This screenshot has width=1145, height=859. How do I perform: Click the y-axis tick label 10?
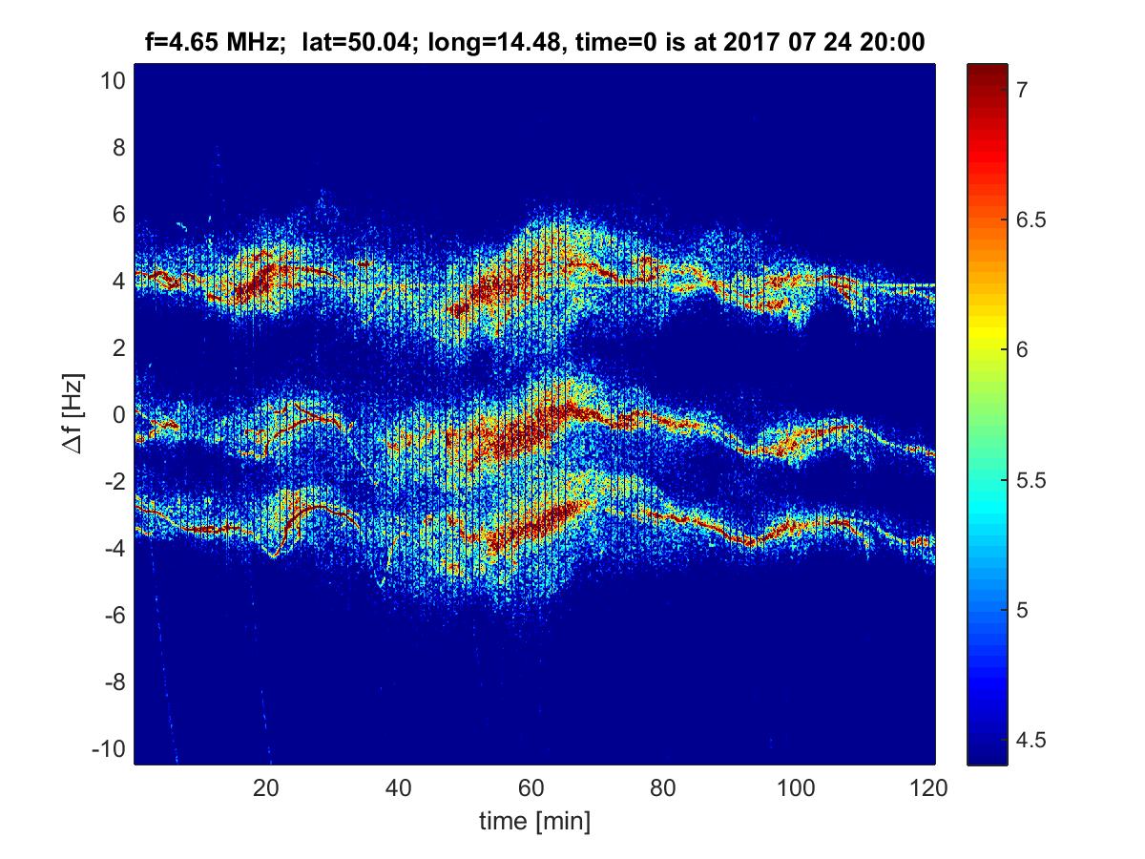tap(111, 81)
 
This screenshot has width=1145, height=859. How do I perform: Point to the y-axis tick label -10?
tap(107, 748)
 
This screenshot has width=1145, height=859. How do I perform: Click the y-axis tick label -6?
tap(112, 615)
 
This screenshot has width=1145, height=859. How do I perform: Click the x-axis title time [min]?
tap(535, 820)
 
